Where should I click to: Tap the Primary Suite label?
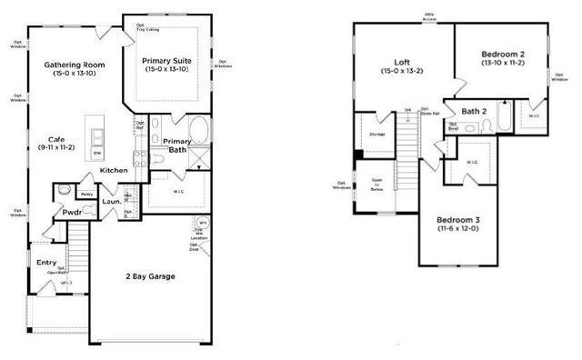click(167, 62)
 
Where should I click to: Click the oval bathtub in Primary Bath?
click(197, 129)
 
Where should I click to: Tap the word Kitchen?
click(114, 171)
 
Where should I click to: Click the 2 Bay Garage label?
click(151, 277)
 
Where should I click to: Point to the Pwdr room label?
click(73, 212)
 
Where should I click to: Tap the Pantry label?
click(87, 195)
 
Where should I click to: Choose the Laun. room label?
click(112, 202)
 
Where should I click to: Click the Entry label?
click(46, 262)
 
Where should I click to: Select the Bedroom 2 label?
click(502, 55)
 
